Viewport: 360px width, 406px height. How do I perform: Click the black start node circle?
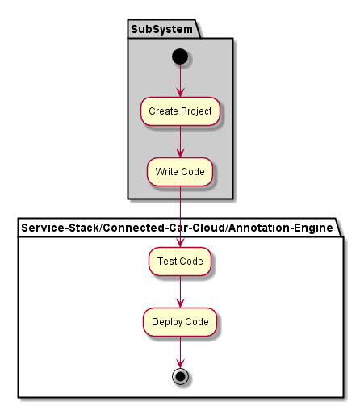point(180,57)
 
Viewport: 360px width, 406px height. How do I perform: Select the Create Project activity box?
point(180,111)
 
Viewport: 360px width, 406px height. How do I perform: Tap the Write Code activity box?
point(180,172)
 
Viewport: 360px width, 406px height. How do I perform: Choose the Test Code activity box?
point(180,262)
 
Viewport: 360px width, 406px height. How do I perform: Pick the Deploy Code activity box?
point(180,322)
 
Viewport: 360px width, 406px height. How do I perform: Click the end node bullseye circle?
point(180,376)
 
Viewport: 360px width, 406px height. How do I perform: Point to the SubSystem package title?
point(161,29)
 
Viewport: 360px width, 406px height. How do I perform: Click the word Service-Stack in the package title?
point(61,228)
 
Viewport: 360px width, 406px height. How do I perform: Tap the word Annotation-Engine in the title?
point(281,228)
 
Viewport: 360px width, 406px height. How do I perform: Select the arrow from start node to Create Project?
point(180,81)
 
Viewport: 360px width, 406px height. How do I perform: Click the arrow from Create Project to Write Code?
point(180,142)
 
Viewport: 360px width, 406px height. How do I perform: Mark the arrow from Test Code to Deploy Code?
point(180,292)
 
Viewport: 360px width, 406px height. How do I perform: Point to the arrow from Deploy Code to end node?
point(180,353)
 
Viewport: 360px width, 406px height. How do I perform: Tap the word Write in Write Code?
point(165,172)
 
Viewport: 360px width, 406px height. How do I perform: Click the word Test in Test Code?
point(167,262)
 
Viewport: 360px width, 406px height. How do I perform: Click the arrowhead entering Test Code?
point(180,242)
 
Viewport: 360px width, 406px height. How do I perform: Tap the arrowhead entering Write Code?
point(180,153)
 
